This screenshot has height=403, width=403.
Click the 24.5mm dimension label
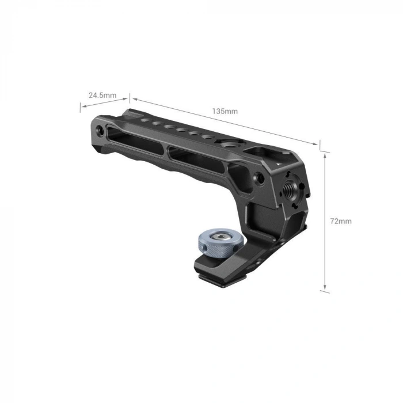pyautogui.click(x=102, y=95)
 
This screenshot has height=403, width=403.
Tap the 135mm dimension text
pyautogui.click(x=225, y=111)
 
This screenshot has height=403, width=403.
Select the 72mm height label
pyautogui.click(x=341, y=221)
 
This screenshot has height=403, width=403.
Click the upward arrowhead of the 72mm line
pyautogui.click(x=326, y=155)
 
